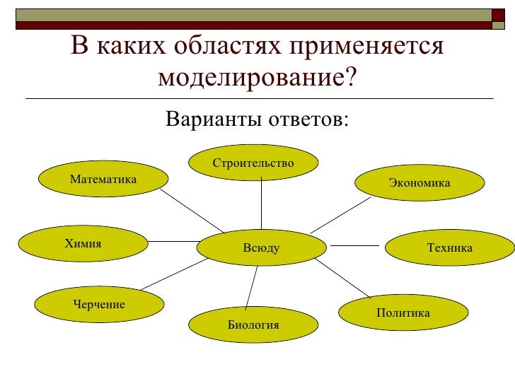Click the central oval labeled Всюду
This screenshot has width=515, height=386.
pyautogui.click(x=262, y=248)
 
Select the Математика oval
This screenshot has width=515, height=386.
pyautogui.click(x=103, y=180)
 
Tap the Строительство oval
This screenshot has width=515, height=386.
pyautogui.click(x=253, y=164)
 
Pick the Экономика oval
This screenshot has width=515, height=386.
pyautogui.click(x=419, y=183)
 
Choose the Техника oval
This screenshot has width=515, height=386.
pyautogui.click(x=449, y=247)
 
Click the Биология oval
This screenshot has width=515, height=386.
pyautogui.click(x=253, y=325)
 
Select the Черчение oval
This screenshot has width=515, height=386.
pyautogui.click(x=99, y=305)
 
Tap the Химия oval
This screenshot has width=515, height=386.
pyautogui.click(x=83, y=244)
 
